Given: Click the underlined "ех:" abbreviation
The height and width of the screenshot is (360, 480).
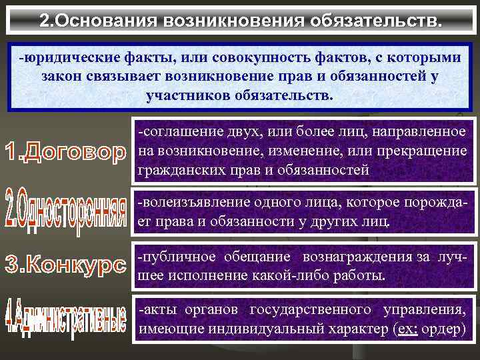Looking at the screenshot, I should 407,329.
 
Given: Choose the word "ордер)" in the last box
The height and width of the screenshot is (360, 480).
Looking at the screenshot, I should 444,329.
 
